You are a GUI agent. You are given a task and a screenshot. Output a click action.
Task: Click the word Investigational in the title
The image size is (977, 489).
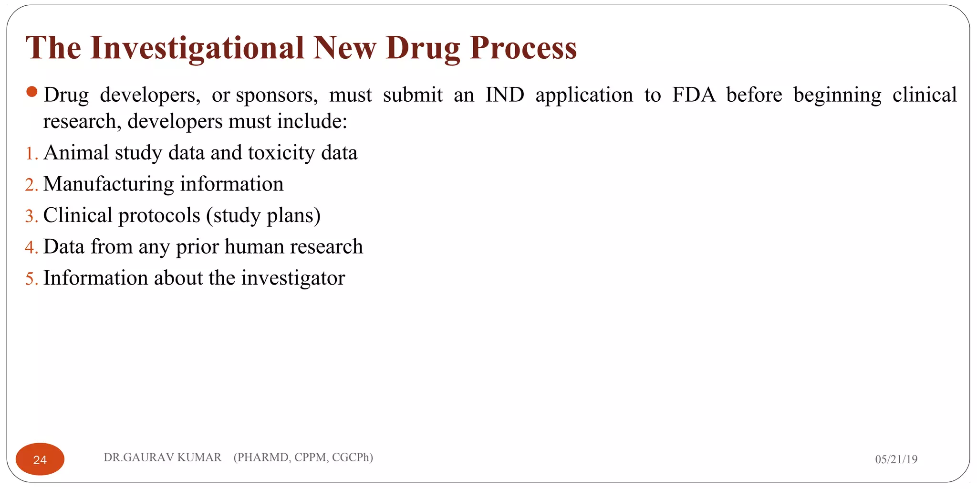coord(197,48)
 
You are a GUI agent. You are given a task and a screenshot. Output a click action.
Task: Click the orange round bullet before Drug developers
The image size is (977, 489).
coord(32,92)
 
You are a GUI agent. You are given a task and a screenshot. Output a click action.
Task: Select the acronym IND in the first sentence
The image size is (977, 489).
coord(505,95)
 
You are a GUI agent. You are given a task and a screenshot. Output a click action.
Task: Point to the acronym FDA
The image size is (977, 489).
coord(694,95)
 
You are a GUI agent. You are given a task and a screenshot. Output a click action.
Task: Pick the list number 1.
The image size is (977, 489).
coord(31,154)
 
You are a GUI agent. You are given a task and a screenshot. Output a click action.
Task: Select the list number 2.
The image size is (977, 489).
coord(31,185)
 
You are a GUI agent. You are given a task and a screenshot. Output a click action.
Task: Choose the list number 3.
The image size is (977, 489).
coord(31,216)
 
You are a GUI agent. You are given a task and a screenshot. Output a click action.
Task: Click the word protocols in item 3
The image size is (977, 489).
coord(159,216)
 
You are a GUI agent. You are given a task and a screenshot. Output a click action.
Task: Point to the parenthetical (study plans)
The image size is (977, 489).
coord(263,216)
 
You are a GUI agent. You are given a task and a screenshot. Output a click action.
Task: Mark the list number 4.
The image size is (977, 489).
coord(31,247)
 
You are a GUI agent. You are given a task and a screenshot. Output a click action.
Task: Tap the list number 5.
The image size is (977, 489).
coord(31,279)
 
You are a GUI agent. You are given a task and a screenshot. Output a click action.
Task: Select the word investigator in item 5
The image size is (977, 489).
coord(293,278)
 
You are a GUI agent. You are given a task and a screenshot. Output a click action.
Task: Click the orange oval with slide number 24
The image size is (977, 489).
coord(40,459)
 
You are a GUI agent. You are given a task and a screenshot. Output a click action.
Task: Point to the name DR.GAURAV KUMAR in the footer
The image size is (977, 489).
coord(163,457)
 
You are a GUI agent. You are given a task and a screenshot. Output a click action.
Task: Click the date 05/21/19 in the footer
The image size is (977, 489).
coord(896,459)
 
